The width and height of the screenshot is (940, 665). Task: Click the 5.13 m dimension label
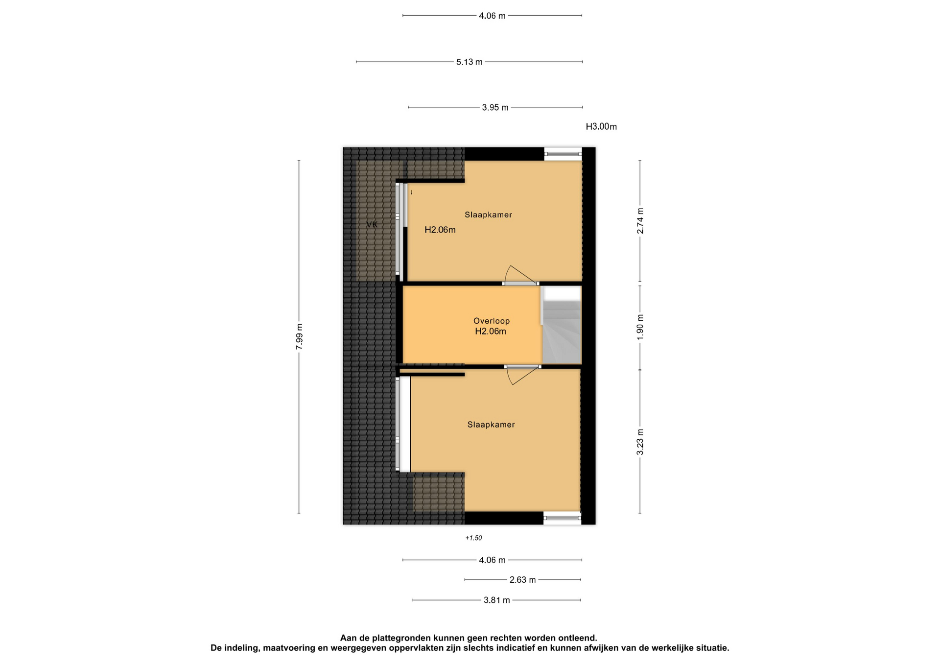pyautogui.click(x=469, y=62)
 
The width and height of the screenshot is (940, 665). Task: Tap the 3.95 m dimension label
pyautogui.click(x=495, y=107)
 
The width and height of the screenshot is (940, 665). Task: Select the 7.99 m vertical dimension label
pyautogui.click(x=299, y=336)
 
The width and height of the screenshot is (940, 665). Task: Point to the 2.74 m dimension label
pyautogui.click(x=640, y=221)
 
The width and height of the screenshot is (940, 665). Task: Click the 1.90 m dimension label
pyautogui.click(x=640, y=327)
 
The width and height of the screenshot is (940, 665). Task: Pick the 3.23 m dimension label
pyautogui.click(x=640, y=442)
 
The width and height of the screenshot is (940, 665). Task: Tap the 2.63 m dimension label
pyautogui.click(x=522, y=580)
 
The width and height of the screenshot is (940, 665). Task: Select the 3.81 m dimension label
pyautogui.click(x=496, y=600)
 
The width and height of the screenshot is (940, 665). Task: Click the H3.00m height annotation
pyautogui.click(x=601, y=126)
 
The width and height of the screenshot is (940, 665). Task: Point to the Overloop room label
pyautogui.click(x=491, y=321)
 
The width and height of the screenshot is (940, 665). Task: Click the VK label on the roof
pyautogui.click(x=372, y=225)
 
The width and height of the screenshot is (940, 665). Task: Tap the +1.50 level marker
pyautogui.click(x=473, y=538)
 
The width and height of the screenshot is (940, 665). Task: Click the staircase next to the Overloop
pyautogui.click(x=562, y=325)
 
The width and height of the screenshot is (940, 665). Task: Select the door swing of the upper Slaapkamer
pyautogui.click(x=520, y=275)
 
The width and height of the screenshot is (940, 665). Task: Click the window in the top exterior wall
pyautogui.click(x=563, y=154)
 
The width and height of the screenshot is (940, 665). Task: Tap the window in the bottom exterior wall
pyautogui.click(x=562, y=518)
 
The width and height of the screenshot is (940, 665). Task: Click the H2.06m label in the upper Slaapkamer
pyautogui.click(x=440, y=230)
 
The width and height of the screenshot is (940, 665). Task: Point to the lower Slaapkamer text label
pyautogui.click(x=491, y=425)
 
